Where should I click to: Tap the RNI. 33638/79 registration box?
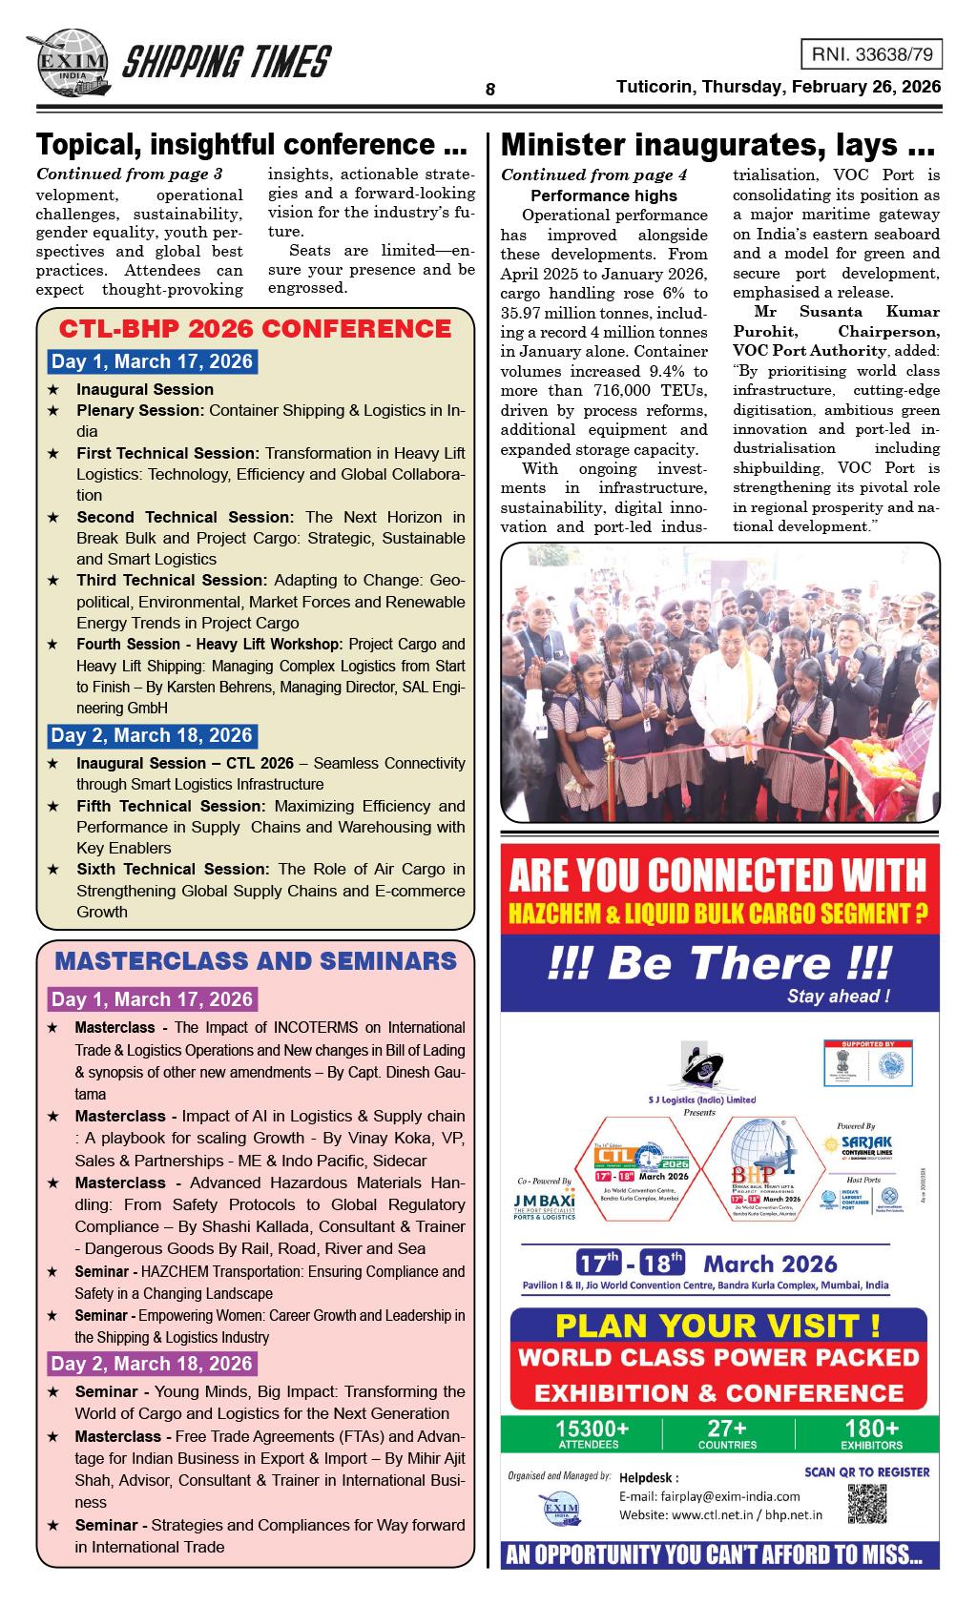point(870,55)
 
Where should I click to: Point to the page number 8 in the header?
point(489,90)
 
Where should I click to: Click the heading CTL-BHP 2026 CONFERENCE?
point(255,329)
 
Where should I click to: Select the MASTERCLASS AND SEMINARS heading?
point(256,960)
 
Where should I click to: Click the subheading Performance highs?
point(603,195)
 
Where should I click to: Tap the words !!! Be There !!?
point(720,963)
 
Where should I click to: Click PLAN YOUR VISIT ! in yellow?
point(717,1326)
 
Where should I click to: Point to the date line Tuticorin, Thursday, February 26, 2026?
point(779,87)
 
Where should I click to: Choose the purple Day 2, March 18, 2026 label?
point(153,1364)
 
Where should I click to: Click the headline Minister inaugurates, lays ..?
point(716,145)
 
